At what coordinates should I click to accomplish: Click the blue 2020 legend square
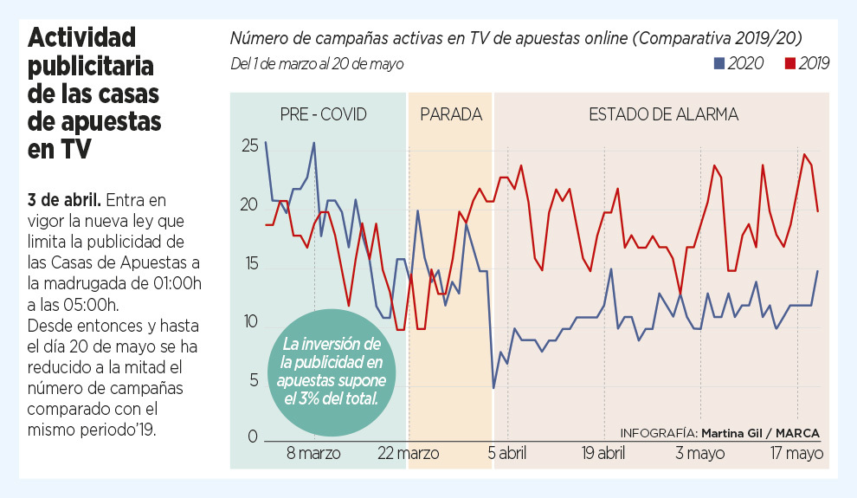718,63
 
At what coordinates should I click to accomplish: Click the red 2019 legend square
789,63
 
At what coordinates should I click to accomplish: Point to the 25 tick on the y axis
249,146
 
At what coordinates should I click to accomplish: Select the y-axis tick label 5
254,379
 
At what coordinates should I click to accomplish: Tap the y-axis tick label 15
249,263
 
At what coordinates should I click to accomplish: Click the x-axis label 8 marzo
313,453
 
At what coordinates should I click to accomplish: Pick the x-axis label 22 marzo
409,453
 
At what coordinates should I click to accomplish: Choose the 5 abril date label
506,453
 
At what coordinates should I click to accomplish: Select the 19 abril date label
602,453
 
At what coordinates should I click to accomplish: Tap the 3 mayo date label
699,453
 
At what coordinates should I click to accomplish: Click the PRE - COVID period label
323,114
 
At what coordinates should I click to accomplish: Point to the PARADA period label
450,114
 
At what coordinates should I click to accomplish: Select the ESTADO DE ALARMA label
663,114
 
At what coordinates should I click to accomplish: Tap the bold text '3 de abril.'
66,200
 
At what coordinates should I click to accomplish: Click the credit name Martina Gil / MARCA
760,432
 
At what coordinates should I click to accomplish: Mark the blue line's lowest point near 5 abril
493,387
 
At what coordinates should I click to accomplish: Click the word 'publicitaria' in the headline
91,66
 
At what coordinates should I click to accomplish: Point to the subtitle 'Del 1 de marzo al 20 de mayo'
317,64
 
